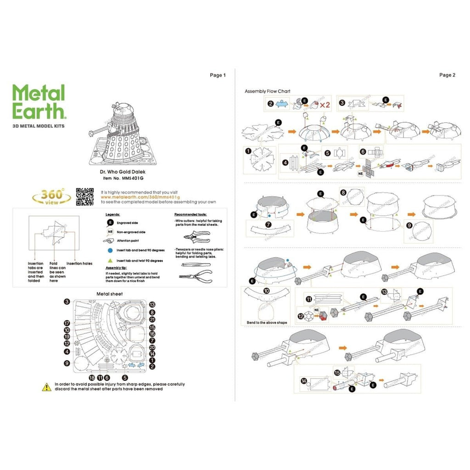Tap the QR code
point(85,197)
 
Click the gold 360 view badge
point(51,197)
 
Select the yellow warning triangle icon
point(47,387)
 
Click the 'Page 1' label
point(218,75)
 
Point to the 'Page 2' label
point(447,75)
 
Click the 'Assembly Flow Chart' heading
point(267,91)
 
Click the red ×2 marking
point(325,105)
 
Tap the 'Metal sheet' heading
point(109,293)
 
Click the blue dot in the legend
point(110,251)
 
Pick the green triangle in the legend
point(110,260)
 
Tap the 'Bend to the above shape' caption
point(267,323)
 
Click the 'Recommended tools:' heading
point(190,214)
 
